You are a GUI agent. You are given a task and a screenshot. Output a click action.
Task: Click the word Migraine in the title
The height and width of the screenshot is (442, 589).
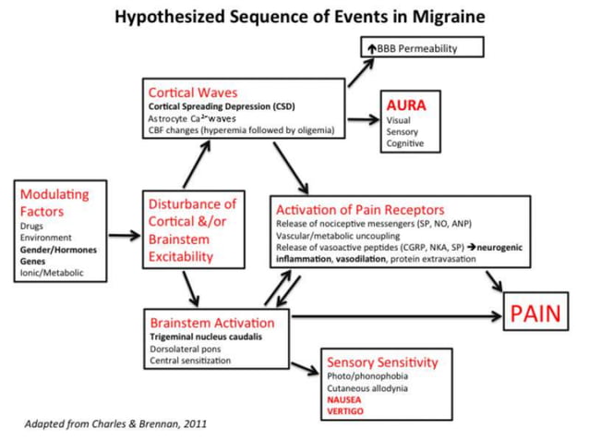pos(439,18)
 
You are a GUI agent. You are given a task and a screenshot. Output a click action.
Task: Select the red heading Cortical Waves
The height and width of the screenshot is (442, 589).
pos(192,93)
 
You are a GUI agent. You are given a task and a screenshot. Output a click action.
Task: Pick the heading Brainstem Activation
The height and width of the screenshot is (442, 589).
pos(211,323)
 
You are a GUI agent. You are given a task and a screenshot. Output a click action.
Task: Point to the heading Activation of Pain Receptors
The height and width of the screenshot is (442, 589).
pos(360,209)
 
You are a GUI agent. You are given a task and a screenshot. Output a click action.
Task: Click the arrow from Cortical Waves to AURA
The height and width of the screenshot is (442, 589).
pos(362,119)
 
